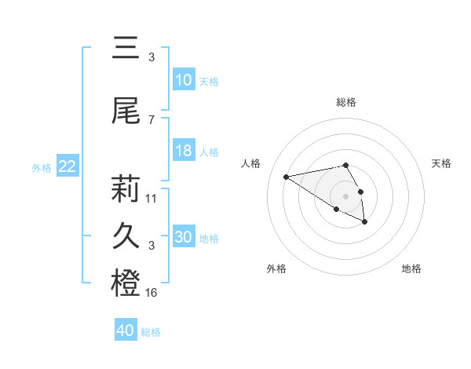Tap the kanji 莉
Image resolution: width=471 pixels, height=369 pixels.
click(x=126, y=189)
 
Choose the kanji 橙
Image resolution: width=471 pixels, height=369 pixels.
click(x=126, y=283)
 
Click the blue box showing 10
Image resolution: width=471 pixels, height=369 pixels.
click(x=184, y=80)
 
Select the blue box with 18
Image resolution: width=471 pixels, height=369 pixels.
click(x=184, y=152)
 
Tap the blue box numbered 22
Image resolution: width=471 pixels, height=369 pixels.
click(x=68, y=166)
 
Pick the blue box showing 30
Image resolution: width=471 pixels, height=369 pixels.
click(x=184, y=237)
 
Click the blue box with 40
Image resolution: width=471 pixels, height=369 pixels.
click(x=126, y=331)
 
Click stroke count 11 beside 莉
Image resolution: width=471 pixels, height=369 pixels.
click(x=152, y=198)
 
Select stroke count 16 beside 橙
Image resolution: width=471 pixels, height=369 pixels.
click(x=152, y=293)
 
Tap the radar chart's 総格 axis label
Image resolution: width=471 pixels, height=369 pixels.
click(x=345, y=102)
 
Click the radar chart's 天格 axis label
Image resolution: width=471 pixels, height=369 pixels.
click(x=442, y=163)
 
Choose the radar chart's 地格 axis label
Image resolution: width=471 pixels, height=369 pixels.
click(x=411, y=269)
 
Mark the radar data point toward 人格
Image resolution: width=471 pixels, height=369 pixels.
click(x=286, y=176)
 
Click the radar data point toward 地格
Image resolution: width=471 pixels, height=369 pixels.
click(x=365, y=222)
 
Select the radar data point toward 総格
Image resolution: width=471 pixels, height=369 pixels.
click(x=345, y=165)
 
